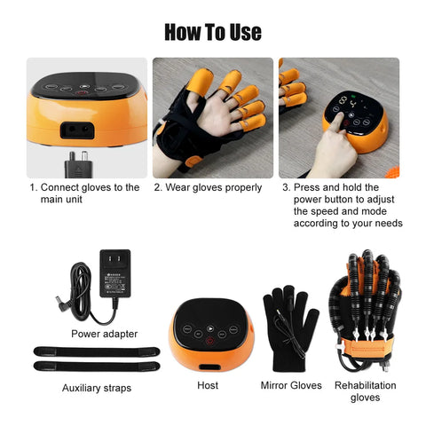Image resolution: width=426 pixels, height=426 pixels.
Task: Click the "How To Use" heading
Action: (x=213, y=32)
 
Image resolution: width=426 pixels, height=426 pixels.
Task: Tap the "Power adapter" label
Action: (x=105, y=334)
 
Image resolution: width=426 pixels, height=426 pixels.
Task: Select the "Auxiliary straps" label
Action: (x=97, y=388)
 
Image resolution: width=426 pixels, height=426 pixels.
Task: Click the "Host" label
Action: (x=208, y=385)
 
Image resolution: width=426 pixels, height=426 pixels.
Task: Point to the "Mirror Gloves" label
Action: (x=291, y=385)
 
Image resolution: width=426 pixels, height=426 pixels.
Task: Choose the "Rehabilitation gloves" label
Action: (x=366, y=391)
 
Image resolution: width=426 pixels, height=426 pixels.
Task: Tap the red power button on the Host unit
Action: (x=209, y=341)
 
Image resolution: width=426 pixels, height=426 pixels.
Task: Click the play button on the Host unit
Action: (x=210, y=328)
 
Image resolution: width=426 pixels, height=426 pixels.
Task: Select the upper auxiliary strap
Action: (x=97, y=351)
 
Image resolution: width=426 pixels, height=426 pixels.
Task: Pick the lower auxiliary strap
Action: (x=97, y=367)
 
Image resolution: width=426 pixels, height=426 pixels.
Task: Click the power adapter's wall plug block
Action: (x=114, y=273)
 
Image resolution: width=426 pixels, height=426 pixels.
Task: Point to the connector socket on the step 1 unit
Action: (x=77, y=130)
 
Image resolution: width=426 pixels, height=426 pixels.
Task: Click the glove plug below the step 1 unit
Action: (x=78, y=165)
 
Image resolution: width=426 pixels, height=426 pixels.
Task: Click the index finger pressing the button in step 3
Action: (x=337, y=122)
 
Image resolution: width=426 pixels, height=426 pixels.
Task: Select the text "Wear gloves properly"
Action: (x=213, y=187)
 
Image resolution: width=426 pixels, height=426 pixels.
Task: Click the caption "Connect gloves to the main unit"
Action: (x=84, y=193)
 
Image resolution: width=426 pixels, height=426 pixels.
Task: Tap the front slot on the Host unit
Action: (x=209, y=367)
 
